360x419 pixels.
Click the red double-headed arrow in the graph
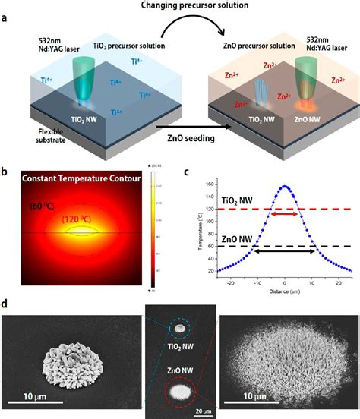[x=285, y=215]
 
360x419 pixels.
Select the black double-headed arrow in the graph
[x=285, y=250]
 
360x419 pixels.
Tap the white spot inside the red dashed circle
[x=181, y=392]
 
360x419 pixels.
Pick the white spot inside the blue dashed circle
[x=181, y=329]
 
